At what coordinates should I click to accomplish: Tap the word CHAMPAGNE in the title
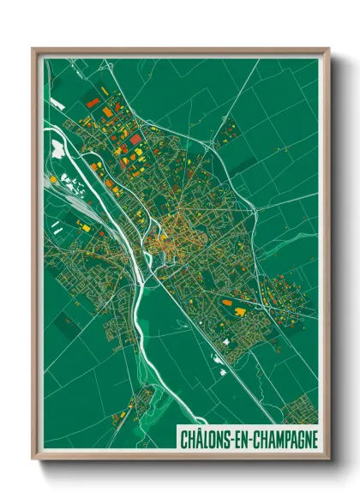click(284, 439)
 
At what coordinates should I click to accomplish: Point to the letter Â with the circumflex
click(196, 439)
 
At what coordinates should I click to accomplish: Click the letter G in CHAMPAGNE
click(297, 439)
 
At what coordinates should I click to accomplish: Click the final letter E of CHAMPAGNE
click(315, 439)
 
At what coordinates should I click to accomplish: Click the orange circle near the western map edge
click(53, 178)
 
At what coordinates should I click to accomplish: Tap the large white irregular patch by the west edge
click(57, 149)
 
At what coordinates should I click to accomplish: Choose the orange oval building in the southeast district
click(227, 303)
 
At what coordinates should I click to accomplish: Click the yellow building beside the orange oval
click(237, 312)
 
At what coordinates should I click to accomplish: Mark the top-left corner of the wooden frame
click(33, 49)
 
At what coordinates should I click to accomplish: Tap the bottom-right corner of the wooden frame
click(329, 461)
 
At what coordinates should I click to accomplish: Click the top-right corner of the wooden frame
click(329, 49)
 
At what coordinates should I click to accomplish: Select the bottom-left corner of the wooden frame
click(33, 461)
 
